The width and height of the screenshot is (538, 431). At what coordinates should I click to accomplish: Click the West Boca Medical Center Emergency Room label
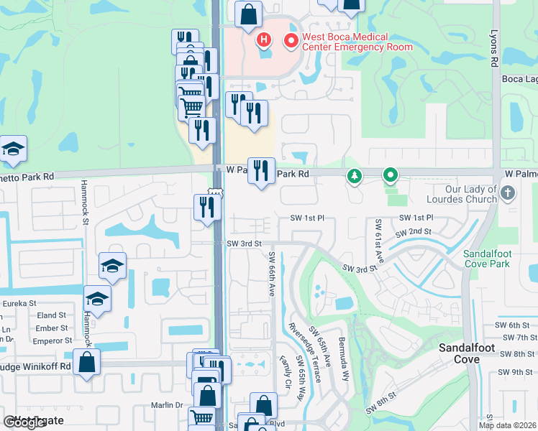[357, 42]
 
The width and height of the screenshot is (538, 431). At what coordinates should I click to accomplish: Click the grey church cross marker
[508, 193]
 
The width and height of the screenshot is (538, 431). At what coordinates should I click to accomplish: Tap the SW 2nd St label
[413, 232]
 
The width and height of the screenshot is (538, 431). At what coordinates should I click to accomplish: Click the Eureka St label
[19, 304]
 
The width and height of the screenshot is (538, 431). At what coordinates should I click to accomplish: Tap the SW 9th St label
[517, 372]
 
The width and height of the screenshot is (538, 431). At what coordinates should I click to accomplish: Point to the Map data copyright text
[506, 425]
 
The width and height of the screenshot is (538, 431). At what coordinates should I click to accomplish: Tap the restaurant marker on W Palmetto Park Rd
[261, 171]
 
